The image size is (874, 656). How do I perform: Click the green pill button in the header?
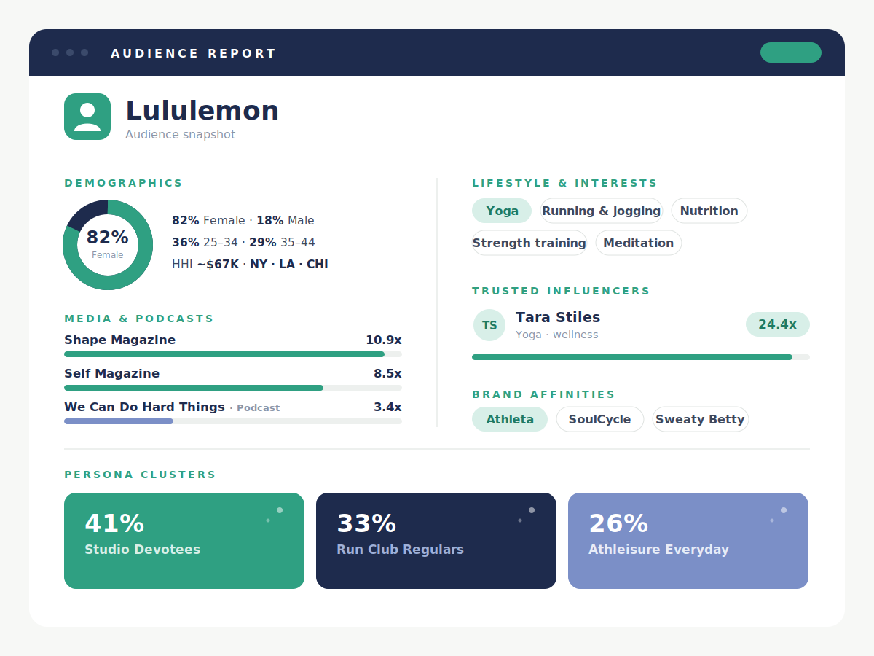[x=790, y=52]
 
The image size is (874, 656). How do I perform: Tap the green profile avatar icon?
[x=87, y=117]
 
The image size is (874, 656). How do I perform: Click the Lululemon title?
[x=202, y=110]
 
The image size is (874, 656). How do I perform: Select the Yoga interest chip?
[x=502, y=211]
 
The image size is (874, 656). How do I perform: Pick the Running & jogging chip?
[x=602, y=211]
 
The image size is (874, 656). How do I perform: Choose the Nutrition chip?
[x=709, y=211]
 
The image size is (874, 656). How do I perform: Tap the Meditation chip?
[x=638, y=243]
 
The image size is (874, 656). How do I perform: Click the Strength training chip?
[x=529, y=243]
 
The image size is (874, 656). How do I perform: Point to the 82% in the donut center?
[x=108, y=237]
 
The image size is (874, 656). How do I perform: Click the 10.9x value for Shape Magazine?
[x=383, y=340]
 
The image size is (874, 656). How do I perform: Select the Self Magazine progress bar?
[x=233, y=388]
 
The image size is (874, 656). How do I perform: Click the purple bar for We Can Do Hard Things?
[x=119, y=421]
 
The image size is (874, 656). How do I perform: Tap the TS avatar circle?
[x=489, y=325]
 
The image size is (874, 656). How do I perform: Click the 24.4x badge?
[x=777, y=324]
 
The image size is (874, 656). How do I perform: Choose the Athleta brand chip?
[x=510, y=419]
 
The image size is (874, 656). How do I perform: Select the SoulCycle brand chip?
[x=599, y=419]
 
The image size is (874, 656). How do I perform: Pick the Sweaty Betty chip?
[x=700, y=419]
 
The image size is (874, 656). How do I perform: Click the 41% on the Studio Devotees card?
[x=114, y=523]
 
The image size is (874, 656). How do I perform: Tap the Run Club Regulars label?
[x=400, y=550]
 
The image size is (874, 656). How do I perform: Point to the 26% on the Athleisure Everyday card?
[x=618, y=523]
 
